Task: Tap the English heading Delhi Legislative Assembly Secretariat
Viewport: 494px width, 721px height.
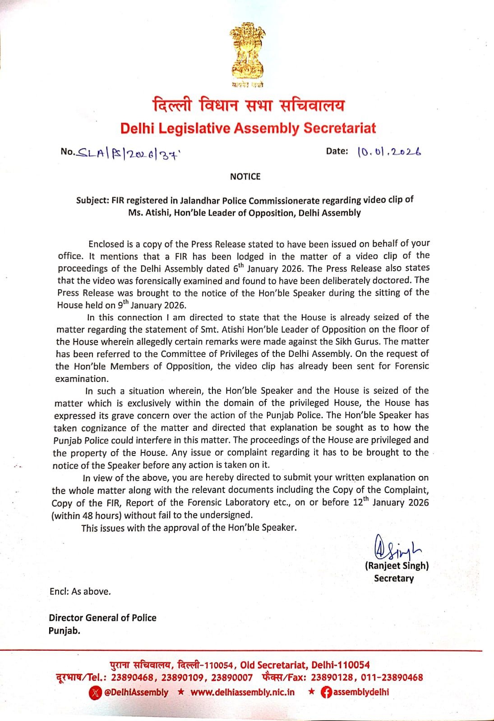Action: click(248, 128)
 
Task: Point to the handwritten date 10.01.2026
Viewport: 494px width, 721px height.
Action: click(389, 152)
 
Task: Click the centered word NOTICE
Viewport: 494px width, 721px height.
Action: click(245, 177)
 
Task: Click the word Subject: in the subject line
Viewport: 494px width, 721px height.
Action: click(92, 201)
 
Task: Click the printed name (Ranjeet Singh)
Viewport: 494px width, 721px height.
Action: click(397, 566)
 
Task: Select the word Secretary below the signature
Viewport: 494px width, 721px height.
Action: click(393, 578)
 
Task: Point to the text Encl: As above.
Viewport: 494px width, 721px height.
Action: click(80, 592)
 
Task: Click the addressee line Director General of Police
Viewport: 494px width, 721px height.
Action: click(102, 618)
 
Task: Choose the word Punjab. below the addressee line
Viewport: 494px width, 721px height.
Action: click(64, 630)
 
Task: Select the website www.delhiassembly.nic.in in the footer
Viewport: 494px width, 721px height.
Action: click(242, 692)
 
